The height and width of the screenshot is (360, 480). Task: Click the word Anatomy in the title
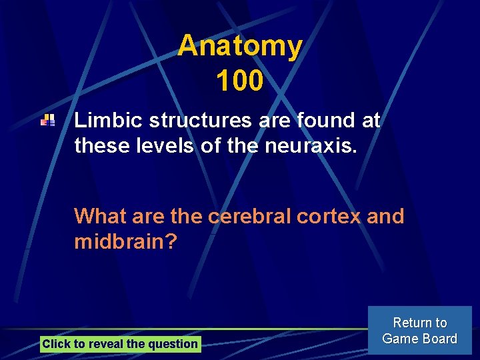point(240,46)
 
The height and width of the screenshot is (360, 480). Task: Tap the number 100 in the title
point(240,81)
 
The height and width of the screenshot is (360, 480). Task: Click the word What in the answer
point(101,217)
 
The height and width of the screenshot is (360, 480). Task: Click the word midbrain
point(125,241)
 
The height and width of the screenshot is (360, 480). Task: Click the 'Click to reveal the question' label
point(120,344)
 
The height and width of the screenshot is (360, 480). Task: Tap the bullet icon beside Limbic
point(47,121)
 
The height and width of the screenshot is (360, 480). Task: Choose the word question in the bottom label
point(175,344)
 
